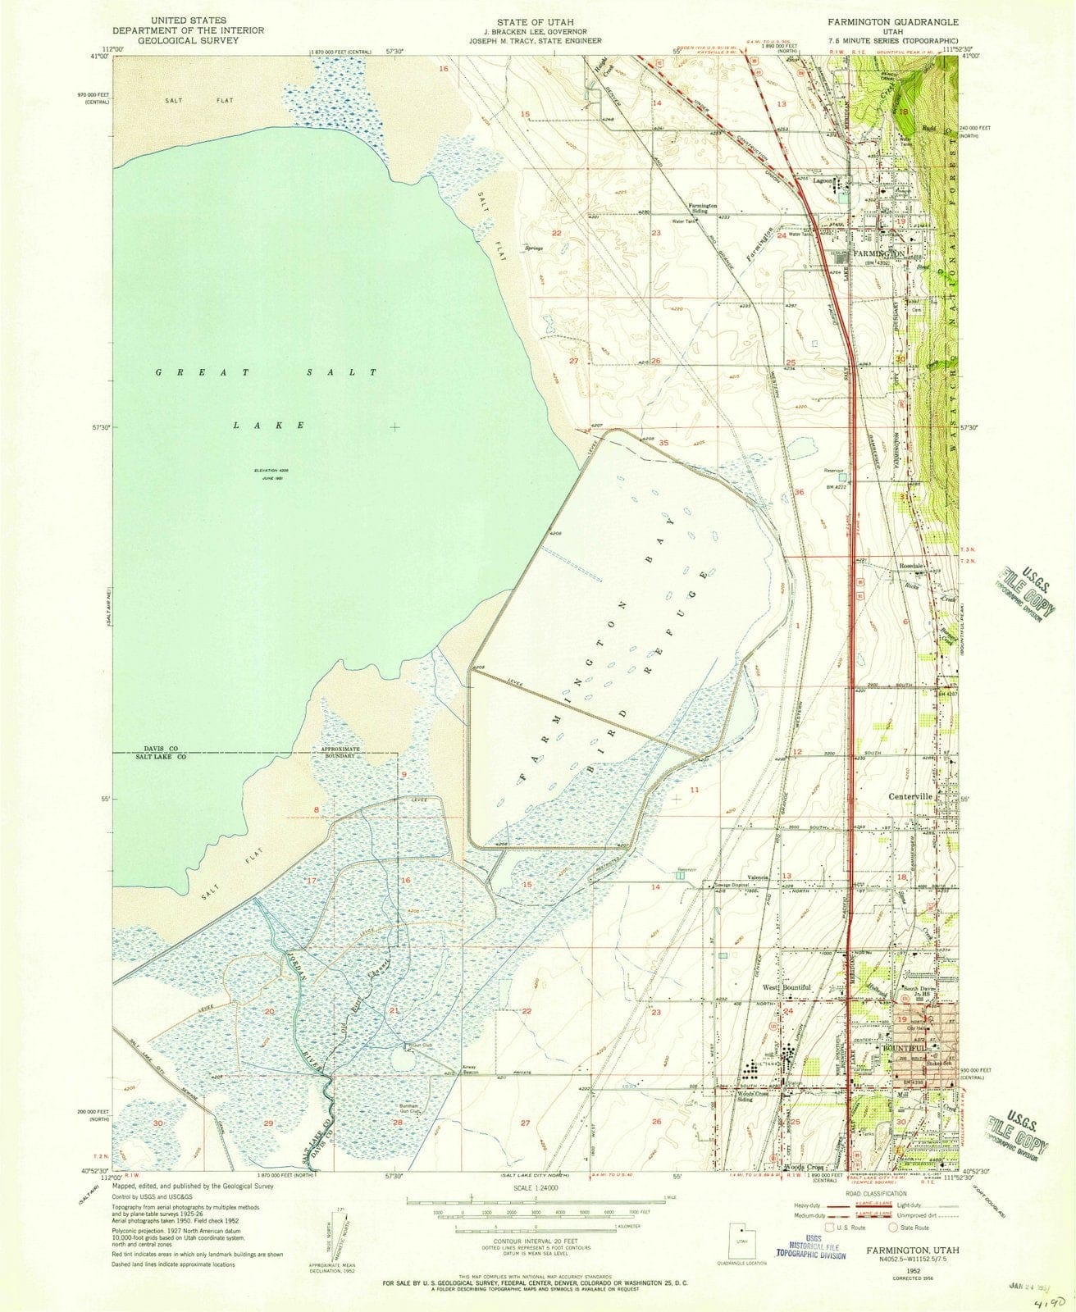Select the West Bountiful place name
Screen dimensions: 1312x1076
[x=789, y=987]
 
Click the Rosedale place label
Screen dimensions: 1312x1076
[x=913, y=567]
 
